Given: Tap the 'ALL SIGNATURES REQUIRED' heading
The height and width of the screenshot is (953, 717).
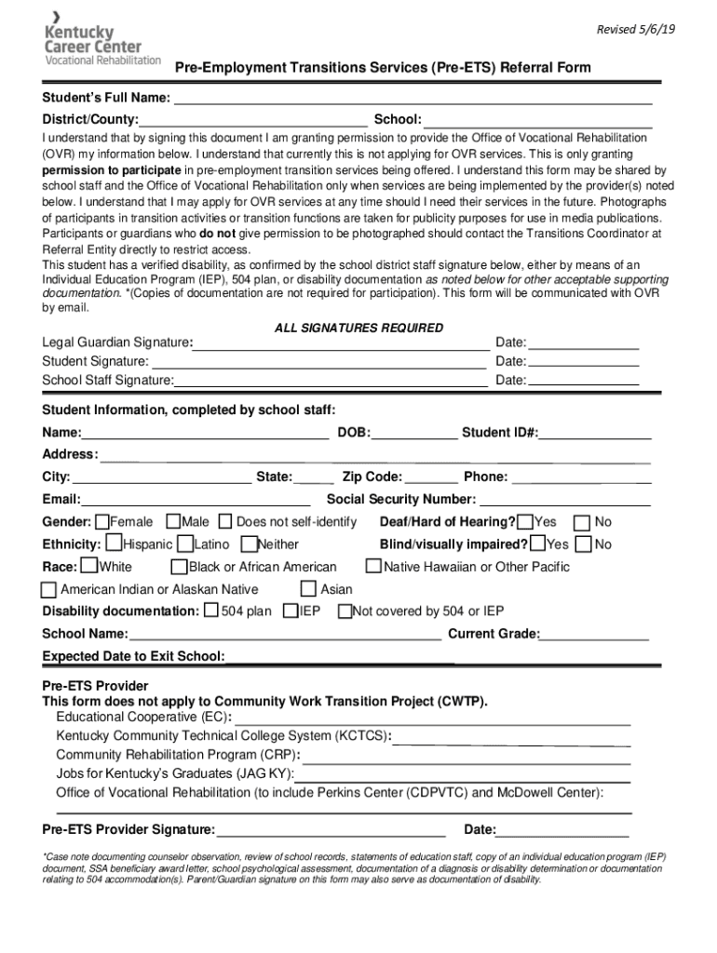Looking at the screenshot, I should click(358, 329).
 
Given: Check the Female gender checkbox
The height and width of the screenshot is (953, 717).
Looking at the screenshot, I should click(102, 522).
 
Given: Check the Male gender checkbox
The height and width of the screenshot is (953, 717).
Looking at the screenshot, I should click(173, 522).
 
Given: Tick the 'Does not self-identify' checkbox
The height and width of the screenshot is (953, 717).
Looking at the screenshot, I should click(227, 522).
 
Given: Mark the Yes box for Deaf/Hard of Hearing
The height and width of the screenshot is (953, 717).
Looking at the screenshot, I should click(526, 522).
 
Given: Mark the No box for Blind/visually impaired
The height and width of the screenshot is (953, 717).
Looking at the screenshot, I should click(584, 544).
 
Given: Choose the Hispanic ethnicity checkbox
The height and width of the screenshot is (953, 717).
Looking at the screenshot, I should click(115, 543).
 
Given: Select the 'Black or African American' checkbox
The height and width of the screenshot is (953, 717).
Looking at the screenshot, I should click(180, 566).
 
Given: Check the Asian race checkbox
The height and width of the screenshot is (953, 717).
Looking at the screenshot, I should click(309, 588).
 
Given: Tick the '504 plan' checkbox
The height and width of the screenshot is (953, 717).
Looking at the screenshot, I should click(211, 611).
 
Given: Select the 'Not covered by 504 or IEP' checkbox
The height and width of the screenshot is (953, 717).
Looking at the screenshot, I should click(345, 611).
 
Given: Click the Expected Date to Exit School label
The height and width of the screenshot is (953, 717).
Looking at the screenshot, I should click(133, 657).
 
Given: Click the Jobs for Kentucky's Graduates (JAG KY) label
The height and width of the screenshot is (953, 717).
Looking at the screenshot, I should click(175, 773).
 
